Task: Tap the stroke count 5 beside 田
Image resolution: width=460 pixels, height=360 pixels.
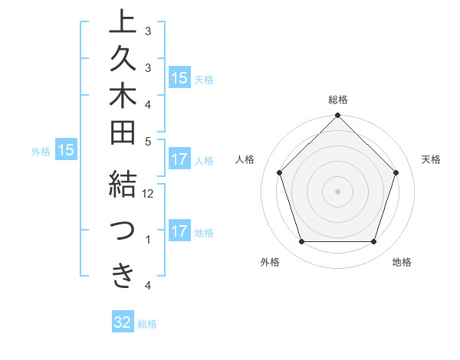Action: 148,141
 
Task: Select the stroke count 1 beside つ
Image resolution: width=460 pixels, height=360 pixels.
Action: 148,241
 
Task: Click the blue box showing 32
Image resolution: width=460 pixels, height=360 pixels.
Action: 123,322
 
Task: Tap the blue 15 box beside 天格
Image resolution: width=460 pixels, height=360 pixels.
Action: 179,77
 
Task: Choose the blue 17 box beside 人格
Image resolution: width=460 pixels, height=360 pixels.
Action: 179,160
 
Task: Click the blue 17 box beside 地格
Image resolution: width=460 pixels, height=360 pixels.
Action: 179,231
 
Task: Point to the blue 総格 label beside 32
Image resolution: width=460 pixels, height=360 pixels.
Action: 147,324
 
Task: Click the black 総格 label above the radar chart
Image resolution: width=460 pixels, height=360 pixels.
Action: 338,100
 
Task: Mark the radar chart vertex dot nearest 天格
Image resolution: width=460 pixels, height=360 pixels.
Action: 396,172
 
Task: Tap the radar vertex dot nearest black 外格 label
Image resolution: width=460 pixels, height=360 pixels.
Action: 301,242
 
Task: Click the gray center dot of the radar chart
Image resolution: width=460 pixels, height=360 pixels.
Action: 338,191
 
